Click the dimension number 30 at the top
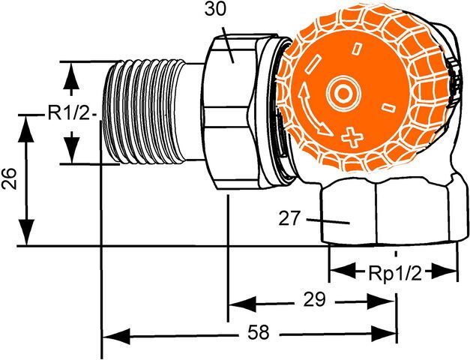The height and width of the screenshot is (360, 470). pyautogui.click(x=215, y=10)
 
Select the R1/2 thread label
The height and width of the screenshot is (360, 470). pyautogui.click(x=69, y=114)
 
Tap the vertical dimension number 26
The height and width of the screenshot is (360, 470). pyautogui.click(x=10, y=178)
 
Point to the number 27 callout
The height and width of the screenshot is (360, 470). pyautogui.click(x=289, y=218)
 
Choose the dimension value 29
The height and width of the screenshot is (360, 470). pyautogui.click(x=314, y=299)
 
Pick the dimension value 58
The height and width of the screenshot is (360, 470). pyautogui.click(x=259, y=332)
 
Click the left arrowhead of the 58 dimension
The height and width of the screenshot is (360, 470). pyautogui.click(x=116, y=336)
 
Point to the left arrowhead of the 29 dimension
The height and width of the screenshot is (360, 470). pyautogui.click(x=242, y=304)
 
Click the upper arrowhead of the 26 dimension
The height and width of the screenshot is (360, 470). pyautogui.click(x=27, y=129)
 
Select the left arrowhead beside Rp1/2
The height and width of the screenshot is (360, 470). pyautogui.click(x=343, y=271)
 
